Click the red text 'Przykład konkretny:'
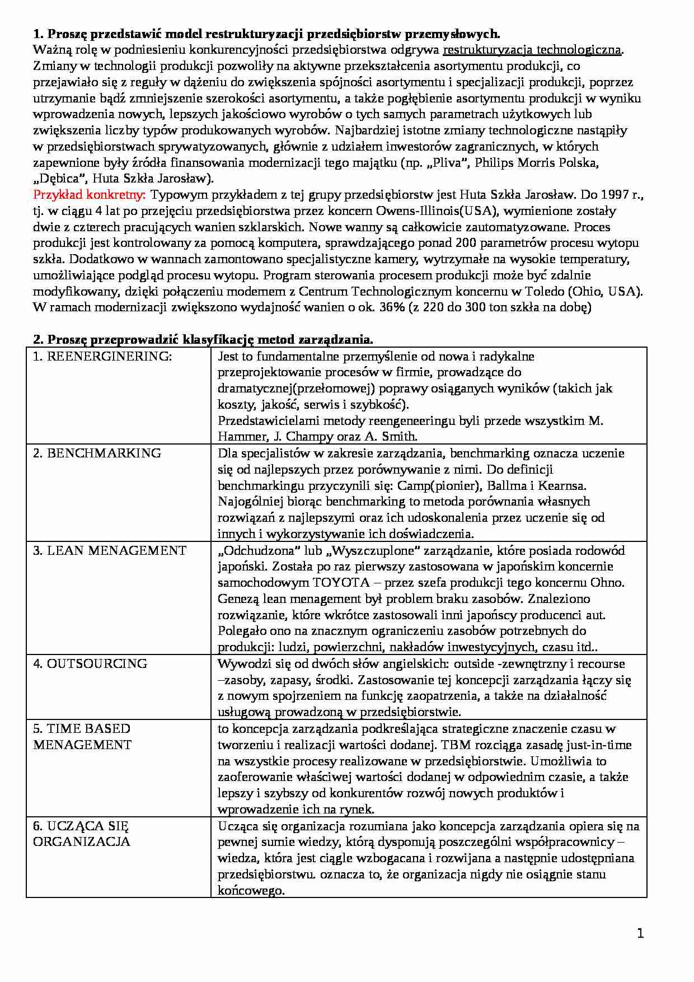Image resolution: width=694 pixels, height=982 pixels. point(90,195)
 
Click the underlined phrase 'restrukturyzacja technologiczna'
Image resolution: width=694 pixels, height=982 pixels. point(532,50)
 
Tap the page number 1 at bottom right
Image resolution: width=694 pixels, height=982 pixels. point(640,933)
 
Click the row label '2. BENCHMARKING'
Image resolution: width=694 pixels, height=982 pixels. point(97,453)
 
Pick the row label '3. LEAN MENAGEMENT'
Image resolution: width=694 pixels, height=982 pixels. point(110,551)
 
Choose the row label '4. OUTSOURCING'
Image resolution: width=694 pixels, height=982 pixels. point(90,664)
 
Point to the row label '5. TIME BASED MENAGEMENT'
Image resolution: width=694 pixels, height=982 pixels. point(82,737)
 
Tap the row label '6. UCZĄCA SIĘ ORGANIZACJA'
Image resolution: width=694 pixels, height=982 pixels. point(81,834)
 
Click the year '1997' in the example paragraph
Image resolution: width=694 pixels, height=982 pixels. point(613,195)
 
